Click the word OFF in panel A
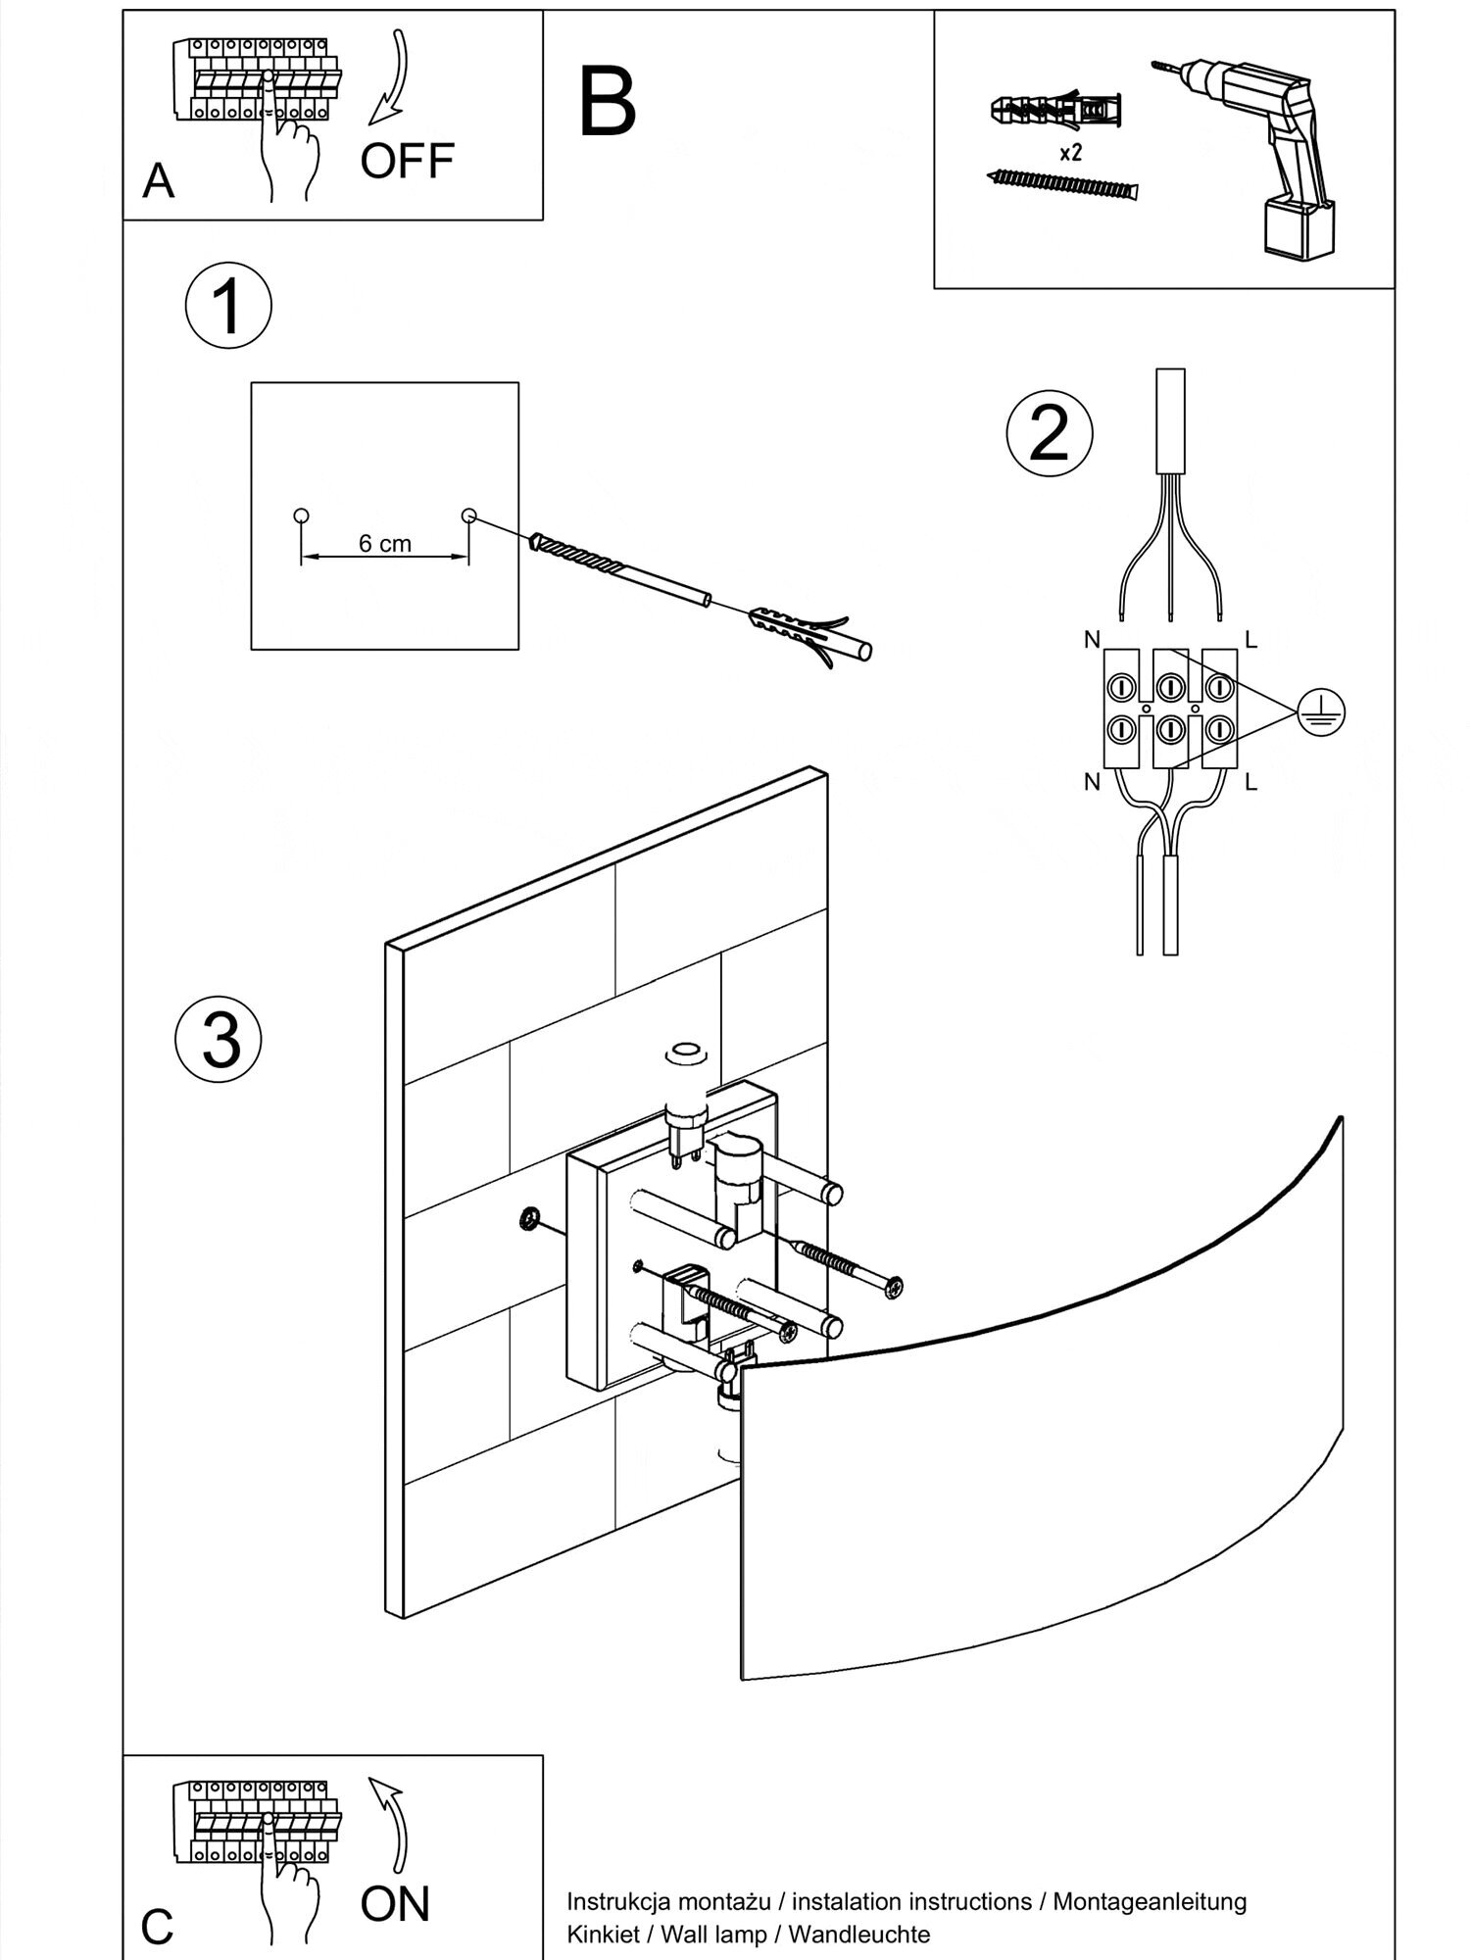(x=407, y=161)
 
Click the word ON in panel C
(x=395, y=1903)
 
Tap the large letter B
(x=608, y=103)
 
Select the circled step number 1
(x=227, y=307)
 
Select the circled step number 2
(x=1050, y=433)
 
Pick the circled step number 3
(x=220, y=1040)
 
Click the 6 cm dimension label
(x=384, y=544)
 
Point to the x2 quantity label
(x=1070, y=153)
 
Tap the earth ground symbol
(x=1320, y=711)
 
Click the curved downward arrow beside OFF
(x=392, y=78)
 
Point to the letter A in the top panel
(x=159, y=181)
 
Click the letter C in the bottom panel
(x=158, y=1927)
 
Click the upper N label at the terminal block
(x=1092, y=640)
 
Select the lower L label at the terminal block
(x=1250, y=783)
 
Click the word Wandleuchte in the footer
(x=858, y=1934)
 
